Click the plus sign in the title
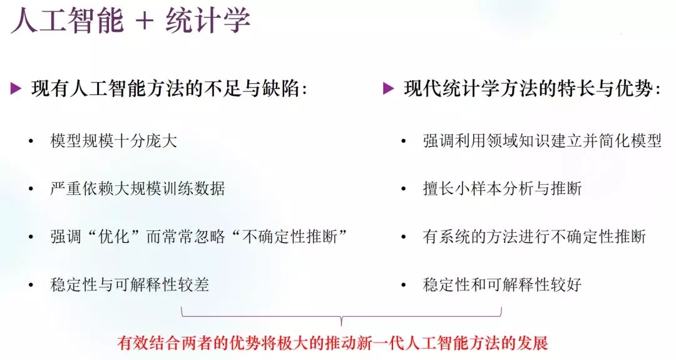click(144, 21)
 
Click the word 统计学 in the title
click(208, 20)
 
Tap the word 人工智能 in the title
click(68, 20)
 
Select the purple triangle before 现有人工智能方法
click(16, 89)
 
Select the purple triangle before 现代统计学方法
click(388, 89)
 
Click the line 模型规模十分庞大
click(113, 141)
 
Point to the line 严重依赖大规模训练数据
click(138, 188)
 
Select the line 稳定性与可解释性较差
click(130, 284)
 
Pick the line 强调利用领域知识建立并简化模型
click(542, 141)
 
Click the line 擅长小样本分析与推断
click(502, 188)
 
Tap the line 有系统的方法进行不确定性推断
click(534, 237)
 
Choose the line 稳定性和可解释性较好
click(502, 284)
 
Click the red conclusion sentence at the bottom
click(332, 342)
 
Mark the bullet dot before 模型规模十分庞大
click(31, 141)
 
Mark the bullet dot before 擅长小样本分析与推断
click(404, 189)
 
